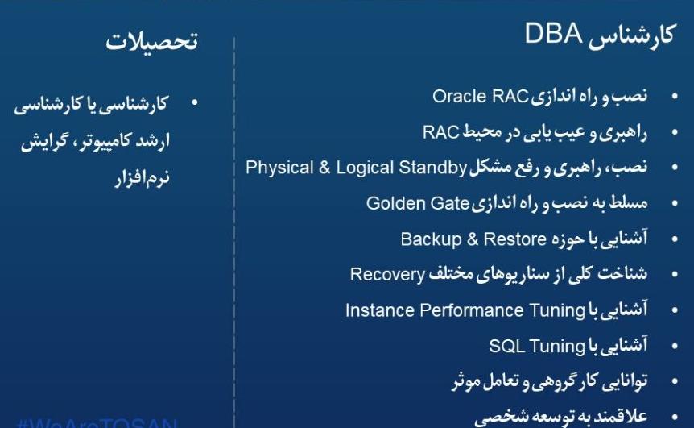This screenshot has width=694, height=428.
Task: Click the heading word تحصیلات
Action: pyautogui.click(x=151, y=43)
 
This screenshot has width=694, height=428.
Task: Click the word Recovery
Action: pyautogui.click(x=387, y=274)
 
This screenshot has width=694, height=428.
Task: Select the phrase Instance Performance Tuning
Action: pyautogui.click(x=465, y=310)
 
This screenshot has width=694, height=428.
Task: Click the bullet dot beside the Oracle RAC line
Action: pyautogui.click(x=675, y=98)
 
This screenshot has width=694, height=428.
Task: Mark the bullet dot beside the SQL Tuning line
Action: pyautogui.click(x=675, y=347)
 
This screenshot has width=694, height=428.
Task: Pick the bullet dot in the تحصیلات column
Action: pyautogui.click(x=194, y=105)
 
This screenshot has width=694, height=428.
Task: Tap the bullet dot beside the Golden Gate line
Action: pyautogui.click(x=675, y=204)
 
